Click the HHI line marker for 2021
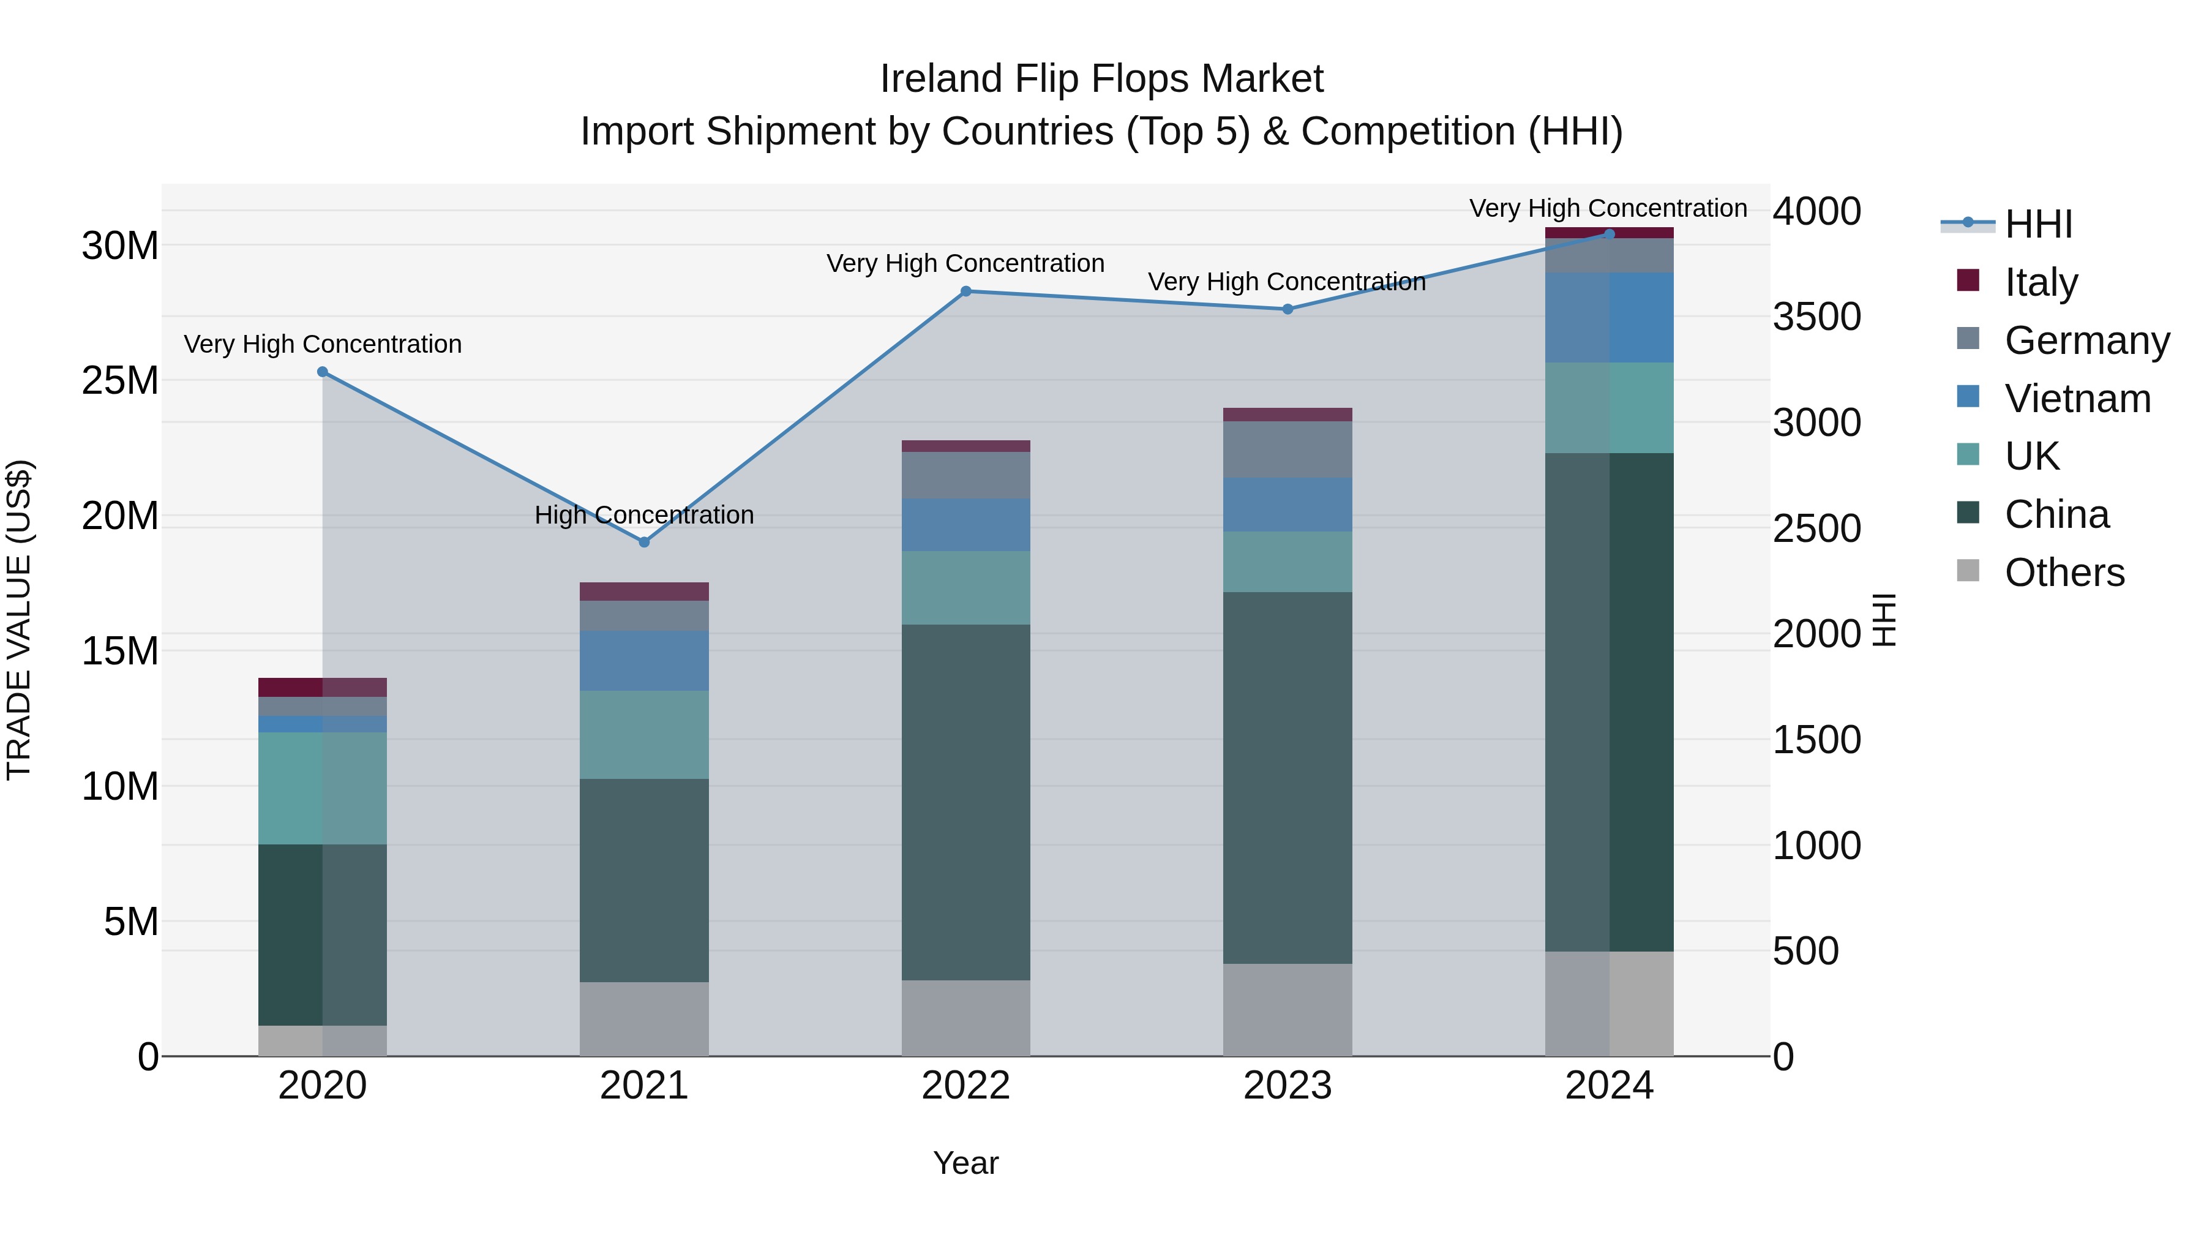644,542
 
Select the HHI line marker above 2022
966,291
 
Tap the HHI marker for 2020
323,372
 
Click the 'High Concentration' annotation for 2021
643,515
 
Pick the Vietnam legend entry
2077,399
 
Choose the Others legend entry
2064,573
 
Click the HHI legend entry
2038,224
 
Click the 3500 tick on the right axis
1816,317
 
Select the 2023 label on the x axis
1287,1086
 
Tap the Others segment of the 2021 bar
644,1018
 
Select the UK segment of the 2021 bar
644,734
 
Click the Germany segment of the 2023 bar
1287,449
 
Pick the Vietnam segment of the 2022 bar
966,525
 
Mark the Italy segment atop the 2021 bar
644,592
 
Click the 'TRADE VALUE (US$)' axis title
19,620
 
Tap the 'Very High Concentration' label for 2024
1608,208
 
